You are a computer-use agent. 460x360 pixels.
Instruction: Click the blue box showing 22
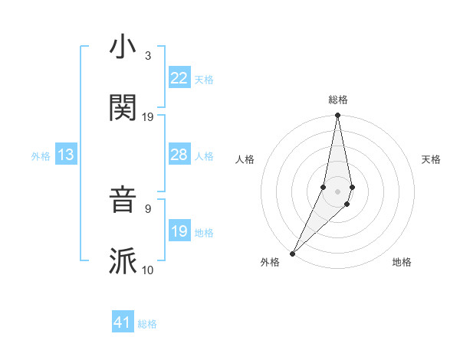tap(179, 77)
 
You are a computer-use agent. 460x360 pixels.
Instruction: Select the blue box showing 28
tap(179, 155)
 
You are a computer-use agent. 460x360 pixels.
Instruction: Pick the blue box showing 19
tap(179, 231)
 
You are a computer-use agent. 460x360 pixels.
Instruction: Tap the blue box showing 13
tap(66, 155)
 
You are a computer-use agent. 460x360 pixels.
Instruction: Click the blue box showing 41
tap(123, 322)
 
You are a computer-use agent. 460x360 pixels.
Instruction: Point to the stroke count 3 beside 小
tap(148, 55)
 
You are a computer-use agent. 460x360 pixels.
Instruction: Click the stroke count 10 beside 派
tap(148, 270)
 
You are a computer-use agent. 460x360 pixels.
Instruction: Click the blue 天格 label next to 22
tap(204, 79)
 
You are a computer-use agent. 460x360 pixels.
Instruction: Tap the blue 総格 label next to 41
tap(147, 324)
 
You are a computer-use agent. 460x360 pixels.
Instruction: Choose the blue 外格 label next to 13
tap(41, 156)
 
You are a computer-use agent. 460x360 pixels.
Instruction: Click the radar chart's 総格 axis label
tap(337, 100)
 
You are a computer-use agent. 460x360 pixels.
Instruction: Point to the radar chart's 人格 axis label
tap(245, 159)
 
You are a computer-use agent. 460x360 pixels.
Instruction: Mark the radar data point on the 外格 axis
tap(293, 253)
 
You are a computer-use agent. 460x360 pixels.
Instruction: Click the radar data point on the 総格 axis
tap(337, 116)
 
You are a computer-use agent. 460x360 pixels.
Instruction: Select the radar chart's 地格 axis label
tap(402, 263)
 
